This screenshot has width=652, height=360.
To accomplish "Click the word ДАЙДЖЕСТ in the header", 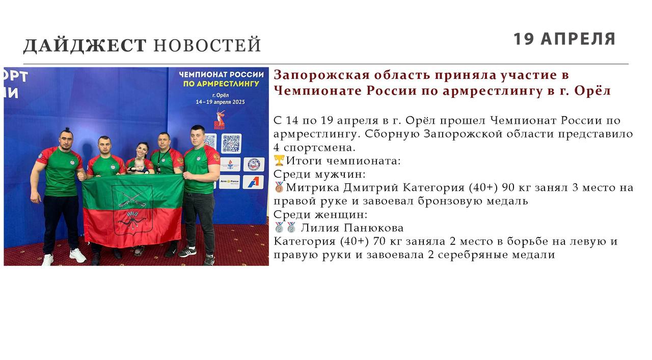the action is point(85,46).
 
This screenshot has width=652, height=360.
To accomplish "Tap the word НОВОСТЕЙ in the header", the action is point(207,45).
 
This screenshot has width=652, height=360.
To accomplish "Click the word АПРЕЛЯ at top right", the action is point(578,39).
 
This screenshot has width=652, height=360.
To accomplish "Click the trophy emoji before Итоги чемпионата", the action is point(279,160).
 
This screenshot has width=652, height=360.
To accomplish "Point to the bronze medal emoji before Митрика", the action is point(279,187).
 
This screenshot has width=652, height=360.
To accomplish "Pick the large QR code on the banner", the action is point(231,144).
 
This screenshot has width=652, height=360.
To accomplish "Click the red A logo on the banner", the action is point(253,182).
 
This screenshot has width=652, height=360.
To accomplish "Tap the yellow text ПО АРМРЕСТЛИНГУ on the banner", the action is point(221,84).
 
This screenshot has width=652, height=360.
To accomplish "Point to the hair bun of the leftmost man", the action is point(67,129).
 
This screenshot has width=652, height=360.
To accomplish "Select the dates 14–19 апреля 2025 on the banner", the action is point(221,102).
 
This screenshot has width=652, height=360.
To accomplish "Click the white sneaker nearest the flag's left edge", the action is point(77,256).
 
